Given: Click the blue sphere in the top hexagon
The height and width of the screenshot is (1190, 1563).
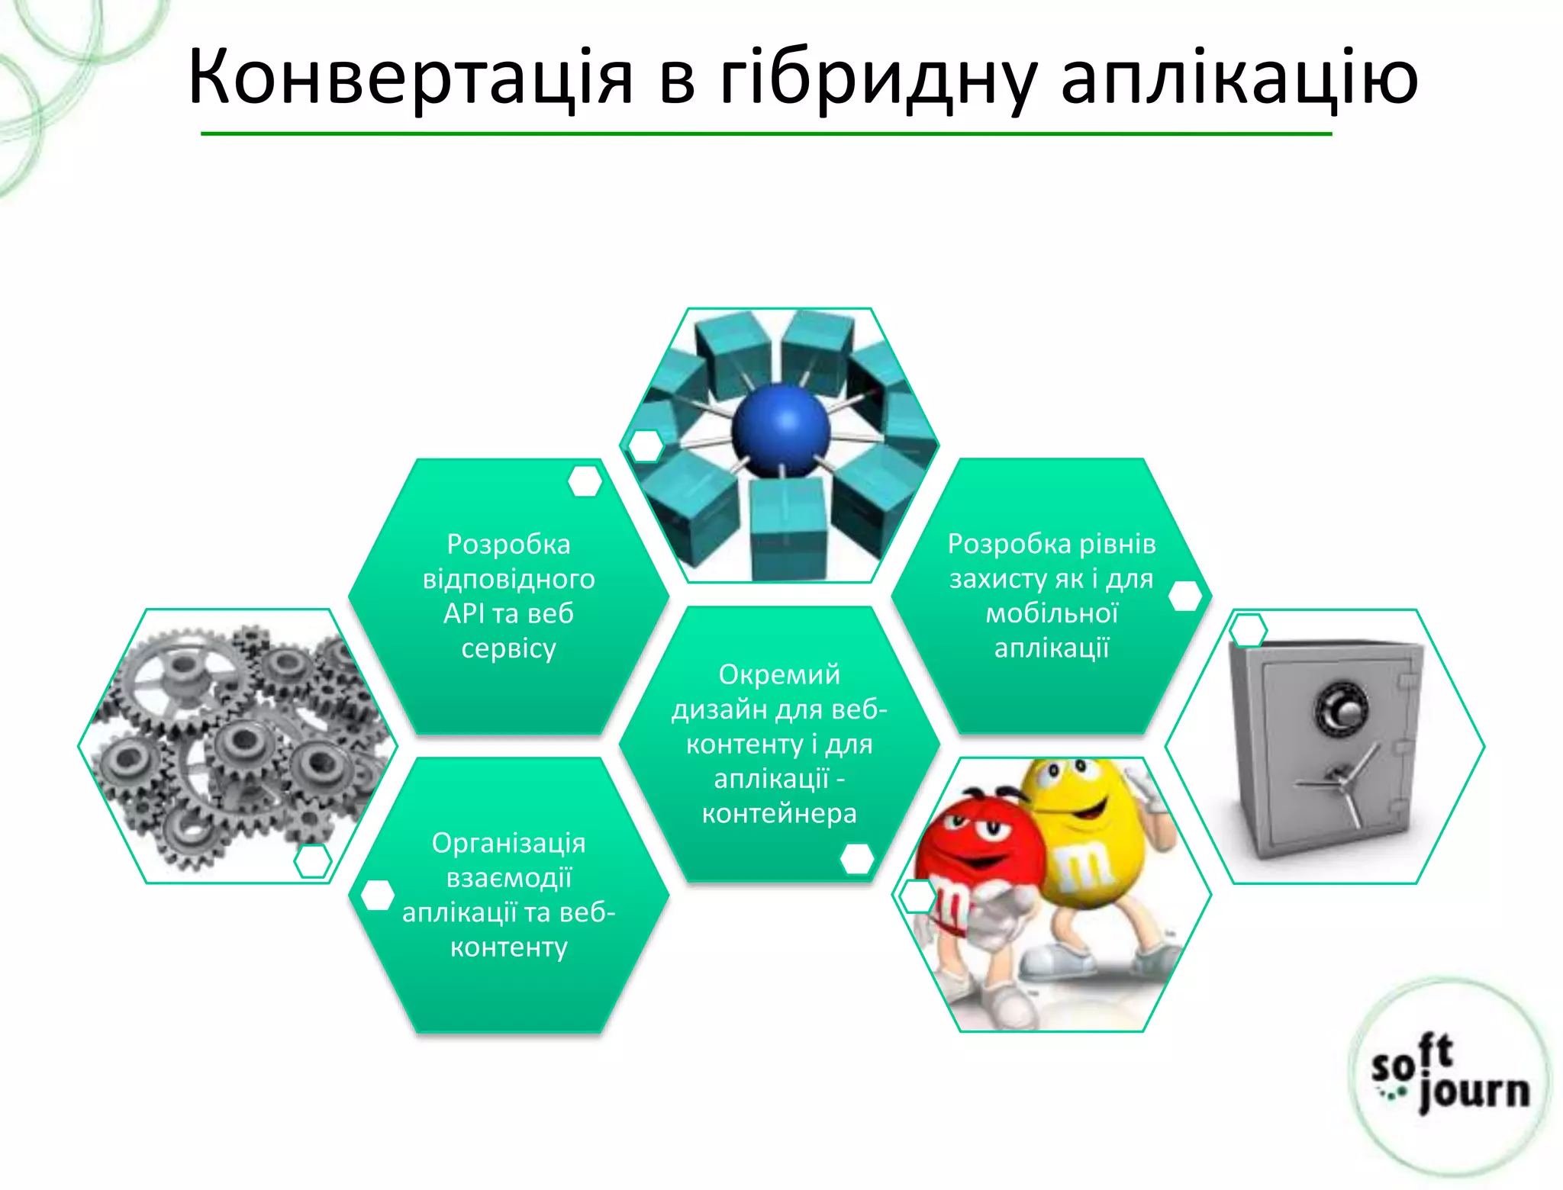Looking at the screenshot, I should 780,430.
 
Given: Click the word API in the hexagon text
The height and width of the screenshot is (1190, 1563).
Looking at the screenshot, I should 462,613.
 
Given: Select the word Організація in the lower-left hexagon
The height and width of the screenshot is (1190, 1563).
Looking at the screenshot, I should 508,843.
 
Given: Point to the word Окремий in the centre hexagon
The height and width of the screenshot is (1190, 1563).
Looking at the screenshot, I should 779,674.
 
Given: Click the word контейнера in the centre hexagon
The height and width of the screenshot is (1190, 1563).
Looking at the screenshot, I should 779,813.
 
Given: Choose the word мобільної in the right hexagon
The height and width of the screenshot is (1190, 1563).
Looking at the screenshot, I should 1052,613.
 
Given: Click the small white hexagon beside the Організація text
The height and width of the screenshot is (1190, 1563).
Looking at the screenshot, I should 377,896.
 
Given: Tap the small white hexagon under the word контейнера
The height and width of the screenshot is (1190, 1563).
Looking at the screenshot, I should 856,859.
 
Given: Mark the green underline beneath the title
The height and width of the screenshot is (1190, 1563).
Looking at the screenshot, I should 766,134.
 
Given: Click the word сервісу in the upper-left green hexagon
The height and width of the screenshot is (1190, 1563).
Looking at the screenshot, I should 508,648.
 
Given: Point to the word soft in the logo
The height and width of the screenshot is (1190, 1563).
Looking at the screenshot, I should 1412,1060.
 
